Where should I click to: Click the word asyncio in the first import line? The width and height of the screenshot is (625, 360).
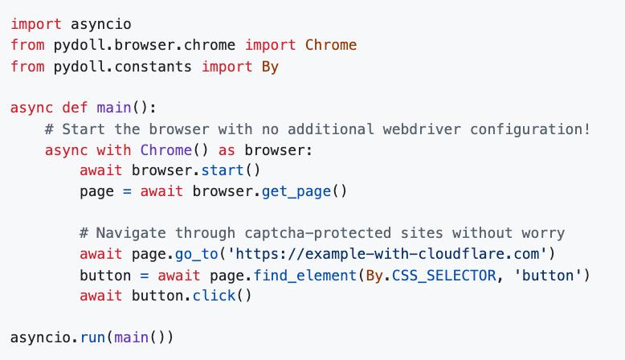101,24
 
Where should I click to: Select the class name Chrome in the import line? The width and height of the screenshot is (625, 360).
331,45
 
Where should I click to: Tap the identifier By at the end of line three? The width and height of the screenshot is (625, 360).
270,67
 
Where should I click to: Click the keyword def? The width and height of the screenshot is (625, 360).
75,108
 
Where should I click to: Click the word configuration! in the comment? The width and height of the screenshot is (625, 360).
530,129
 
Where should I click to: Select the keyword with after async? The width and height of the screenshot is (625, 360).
113,150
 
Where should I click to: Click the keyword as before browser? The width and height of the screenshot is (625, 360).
227,150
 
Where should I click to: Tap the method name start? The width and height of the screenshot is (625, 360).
223,170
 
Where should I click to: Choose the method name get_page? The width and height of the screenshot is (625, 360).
296,191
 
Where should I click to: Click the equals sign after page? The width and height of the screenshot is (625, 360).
127,192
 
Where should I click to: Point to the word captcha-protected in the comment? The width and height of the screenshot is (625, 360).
317,233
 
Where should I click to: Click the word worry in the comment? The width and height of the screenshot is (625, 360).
543,233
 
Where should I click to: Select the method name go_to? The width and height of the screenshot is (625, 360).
197,254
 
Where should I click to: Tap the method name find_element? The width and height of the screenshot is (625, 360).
305,276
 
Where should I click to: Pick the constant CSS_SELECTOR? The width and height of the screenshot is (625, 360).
443,276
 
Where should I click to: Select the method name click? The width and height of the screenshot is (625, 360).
214,296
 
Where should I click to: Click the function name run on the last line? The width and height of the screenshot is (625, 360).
92,337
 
